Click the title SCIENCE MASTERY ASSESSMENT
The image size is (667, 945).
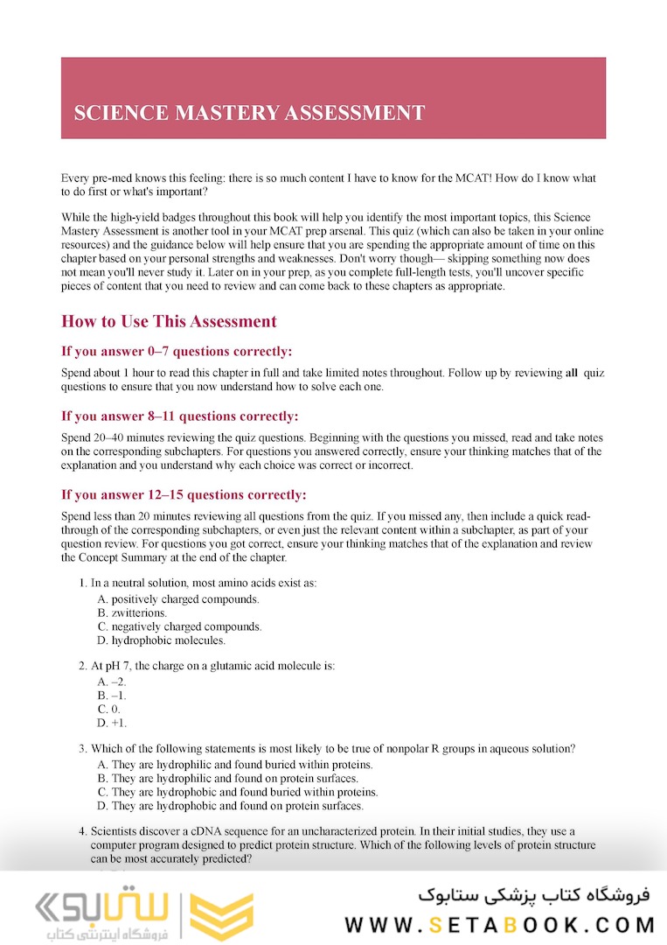tap(249, 113)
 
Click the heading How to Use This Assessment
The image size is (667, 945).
tap(169, 321)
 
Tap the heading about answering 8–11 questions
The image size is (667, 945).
tap(179, 416)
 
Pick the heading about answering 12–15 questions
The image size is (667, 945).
tap(184, 495)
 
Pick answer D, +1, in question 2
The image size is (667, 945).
tap(113, 723)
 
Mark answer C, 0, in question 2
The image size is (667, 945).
tap(109, 709)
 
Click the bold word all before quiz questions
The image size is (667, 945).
tap(572, 374)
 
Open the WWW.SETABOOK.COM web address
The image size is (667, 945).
tap(499, 925)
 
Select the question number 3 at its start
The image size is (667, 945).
tap(82, 749)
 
